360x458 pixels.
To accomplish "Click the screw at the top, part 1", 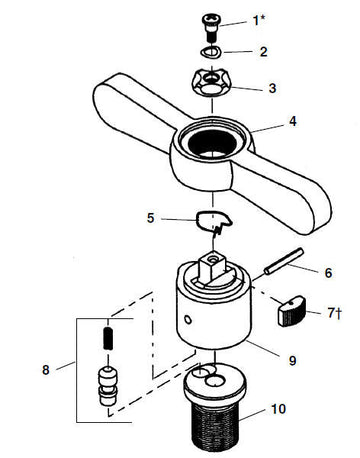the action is click(210, 27).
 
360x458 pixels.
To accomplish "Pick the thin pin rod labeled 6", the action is click(284, 261).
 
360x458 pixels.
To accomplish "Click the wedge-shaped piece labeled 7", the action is click(292, 311).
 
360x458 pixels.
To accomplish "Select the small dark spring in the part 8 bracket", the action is click(108, 338).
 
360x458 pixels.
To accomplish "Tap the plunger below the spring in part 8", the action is click(107, 386).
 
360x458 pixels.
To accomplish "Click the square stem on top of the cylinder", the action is click(213, 264).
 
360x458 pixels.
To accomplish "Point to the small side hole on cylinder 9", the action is click(188, 320).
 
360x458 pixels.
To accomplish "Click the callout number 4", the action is click(292, 121).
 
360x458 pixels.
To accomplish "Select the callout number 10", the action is click(278, 409).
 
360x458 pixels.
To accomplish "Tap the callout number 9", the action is click(292, 360).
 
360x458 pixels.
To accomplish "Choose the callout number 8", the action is click(46, 370).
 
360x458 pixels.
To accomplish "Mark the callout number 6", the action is click(328, 273).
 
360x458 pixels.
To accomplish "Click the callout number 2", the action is click(263, 52).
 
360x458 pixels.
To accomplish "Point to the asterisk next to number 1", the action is click(263, 18).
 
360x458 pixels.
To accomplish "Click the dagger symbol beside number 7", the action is click(338, 313).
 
